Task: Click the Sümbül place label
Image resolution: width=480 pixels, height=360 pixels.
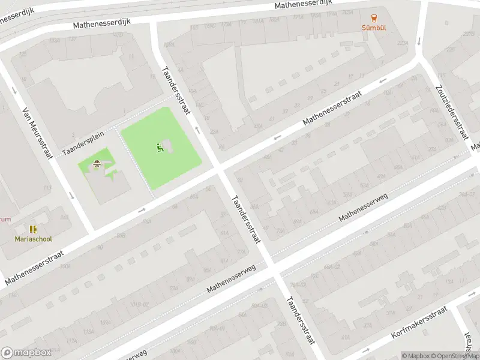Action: (373, 28)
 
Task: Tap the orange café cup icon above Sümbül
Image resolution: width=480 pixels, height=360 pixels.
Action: (374, 17)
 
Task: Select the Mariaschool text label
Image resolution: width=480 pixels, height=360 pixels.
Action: (34, 239)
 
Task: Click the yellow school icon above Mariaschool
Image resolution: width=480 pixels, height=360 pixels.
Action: (33, 229)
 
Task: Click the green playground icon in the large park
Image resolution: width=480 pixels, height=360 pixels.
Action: (159, 148)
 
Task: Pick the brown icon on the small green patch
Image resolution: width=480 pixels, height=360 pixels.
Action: (97, 163)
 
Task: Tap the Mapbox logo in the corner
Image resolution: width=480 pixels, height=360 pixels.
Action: (26, 352)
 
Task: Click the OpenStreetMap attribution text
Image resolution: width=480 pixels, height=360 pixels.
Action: (451, 356)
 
